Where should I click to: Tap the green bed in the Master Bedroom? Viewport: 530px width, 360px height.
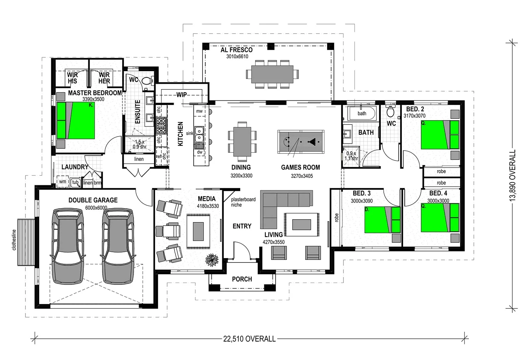pos(76,120)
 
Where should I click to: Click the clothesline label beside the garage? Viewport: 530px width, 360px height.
pos(14,240)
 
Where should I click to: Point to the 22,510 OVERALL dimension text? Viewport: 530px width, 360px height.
pos(249,339)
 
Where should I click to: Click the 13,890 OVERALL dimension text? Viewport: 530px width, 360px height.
pos(512,175)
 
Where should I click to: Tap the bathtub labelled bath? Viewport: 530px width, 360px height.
pos(362,114)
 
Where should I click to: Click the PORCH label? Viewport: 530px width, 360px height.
pos(242,279)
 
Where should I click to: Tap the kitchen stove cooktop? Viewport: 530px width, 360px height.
pos(161,126)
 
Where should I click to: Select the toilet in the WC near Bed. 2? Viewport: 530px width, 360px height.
pos(390,111)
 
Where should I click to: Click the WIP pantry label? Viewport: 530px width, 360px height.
pos(182,95)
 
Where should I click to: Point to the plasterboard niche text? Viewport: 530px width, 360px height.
pos(243,202)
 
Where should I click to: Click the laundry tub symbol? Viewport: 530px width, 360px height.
pos(75,182)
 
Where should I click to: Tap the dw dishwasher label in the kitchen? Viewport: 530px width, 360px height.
pos(200,152)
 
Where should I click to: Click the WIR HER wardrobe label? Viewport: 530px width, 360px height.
pos(104,78)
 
